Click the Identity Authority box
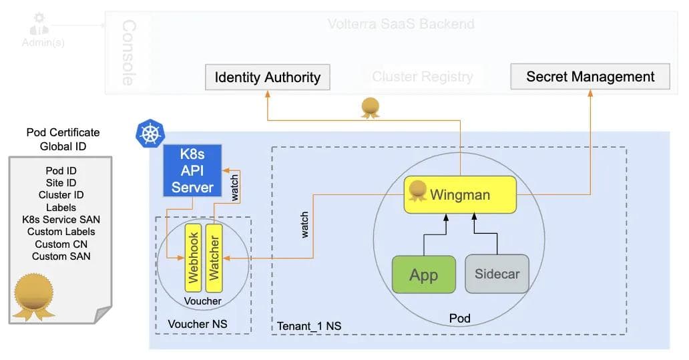267,77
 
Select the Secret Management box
590,76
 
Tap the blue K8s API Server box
192,170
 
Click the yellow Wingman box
460,194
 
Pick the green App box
423,274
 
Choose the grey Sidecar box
497,274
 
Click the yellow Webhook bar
194,258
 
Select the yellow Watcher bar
214,258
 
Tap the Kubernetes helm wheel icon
150,133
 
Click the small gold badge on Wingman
418,191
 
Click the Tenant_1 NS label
309,326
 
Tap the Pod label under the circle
459,318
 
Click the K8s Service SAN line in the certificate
61,219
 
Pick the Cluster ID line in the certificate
61,195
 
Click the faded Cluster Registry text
423,77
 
